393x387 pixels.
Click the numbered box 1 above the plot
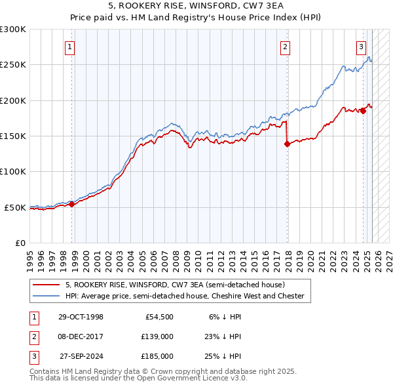pos(69,47)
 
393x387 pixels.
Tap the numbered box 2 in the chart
pos(286,47)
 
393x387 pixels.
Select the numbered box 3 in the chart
pos(361,47)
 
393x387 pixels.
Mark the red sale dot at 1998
pos(72,204)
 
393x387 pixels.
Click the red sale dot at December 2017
pos(287,144)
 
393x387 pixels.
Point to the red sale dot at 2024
pos(364,112)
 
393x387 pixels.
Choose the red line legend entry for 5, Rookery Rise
pos(174,285)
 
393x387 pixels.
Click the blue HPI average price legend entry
pos(184,296)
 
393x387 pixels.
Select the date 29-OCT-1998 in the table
pos(81,317)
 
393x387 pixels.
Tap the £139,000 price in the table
pos(157,336)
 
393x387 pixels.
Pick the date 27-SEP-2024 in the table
pos(81,356)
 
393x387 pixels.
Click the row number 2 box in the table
pos(33,336)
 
